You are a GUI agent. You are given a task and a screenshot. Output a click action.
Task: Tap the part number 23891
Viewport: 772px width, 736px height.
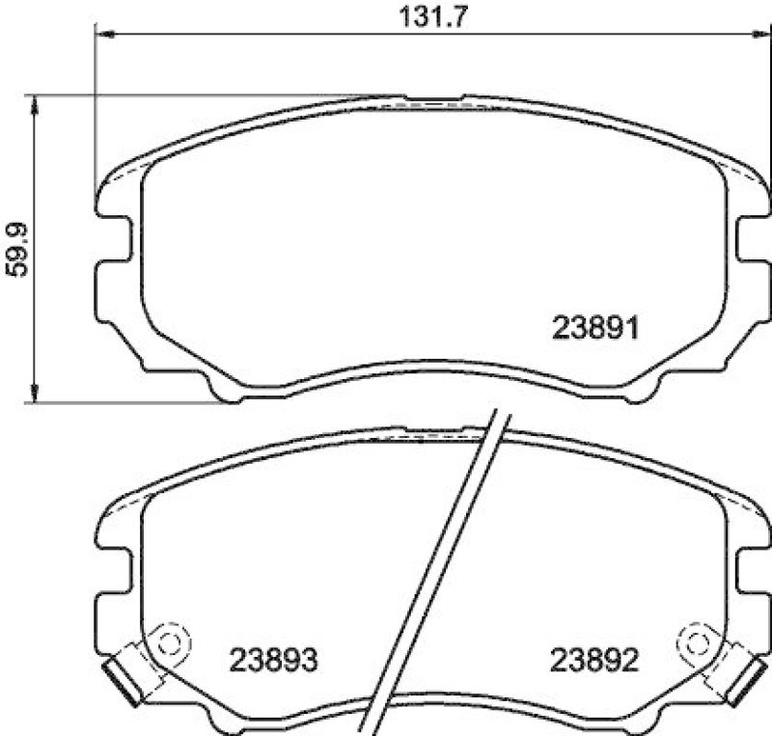click(596, 329)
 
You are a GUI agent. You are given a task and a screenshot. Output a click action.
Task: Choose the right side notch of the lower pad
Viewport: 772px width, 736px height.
click(751, 571)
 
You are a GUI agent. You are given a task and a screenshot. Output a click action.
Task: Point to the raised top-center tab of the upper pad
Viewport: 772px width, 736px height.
click(433, 98)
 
